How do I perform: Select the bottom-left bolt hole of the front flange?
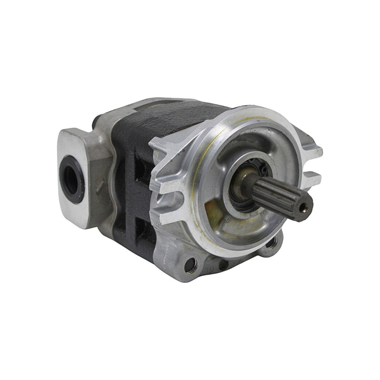[x=189, y=265]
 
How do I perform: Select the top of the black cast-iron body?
[x=163, y=114]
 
